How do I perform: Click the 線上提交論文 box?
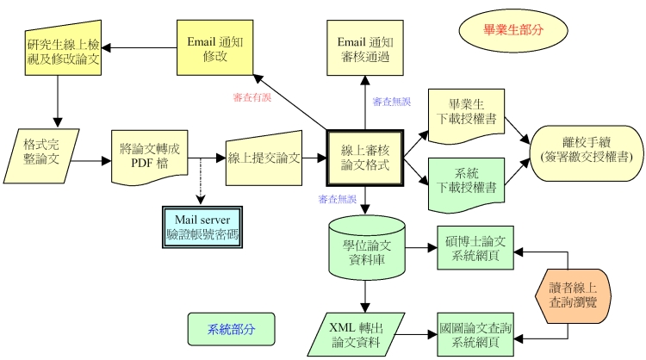click(x=264, y=158)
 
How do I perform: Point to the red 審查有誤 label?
click(x=252, y=97)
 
